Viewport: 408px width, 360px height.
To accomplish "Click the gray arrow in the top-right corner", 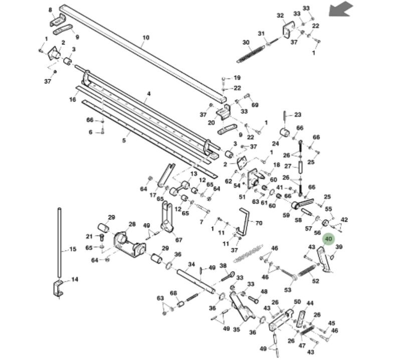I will pyautogui.click(x=341, y=9).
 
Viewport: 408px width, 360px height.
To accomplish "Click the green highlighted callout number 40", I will pyautogui.click(x=329, y=239).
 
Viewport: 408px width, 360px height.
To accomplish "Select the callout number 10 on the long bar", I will pyautogui.click(x=146, y=38).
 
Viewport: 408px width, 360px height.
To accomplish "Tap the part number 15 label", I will pyautogui.click(x=73, y=249).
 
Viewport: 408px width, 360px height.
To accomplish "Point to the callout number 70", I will pyautogui.click(x=259, y=223).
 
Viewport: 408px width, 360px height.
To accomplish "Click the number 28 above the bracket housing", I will pyautogui.click(x=132, y=224).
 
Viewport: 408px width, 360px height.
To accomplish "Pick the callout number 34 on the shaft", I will pyautogui.click(x=191, y=264).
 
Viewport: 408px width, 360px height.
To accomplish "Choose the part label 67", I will pyautogui.click(x=178, y=240).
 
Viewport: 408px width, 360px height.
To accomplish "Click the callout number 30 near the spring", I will pyautogui.click(x=246, y=43).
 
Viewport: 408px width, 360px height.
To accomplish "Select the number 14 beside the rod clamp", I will pyautogui.click(x=75, y=279).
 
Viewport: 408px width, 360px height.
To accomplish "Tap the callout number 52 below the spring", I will pyautogui.click(x=315, y=281).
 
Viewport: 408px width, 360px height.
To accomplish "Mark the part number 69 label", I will pyautogui.click(x=255, y=105).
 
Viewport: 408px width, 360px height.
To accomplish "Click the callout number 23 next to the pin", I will pyautogui.click(x=298, y=115).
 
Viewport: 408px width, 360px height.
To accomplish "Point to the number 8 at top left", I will pyautogui.click(x=50, y=10).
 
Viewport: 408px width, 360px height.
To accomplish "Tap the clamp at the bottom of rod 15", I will pyautogui.click(x=59, y=288).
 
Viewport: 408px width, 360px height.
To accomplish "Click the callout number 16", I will pyautogui.click(x=73, y=100).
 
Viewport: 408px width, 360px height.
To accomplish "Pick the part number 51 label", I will pyautogui.click(x=242, y=197).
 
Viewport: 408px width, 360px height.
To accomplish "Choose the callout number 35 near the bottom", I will pyautogui.click(x=236, y=329).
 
